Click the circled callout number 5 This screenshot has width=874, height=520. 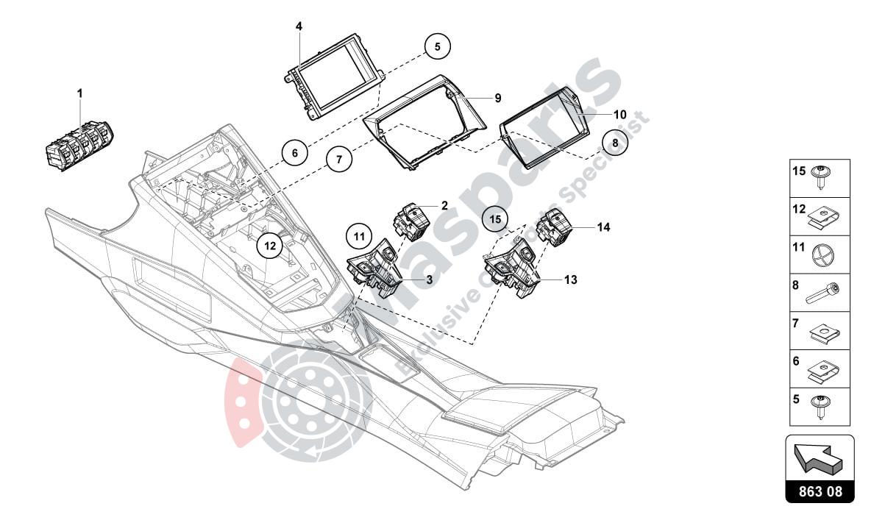pyautogui.click(x=437, y=46)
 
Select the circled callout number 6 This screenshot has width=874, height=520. pyautogui.click(x=294, y=154)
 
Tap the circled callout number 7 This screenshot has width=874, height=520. pyautogui.click(x=339, y=159)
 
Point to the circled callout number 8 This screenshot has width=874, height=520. pyautogui.click(x=615, y=143)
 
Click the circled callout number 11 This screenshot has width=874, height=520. pyautogui.click(x=359, y=237)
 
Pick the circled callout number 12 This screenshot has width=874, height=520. pyautogui.click(x=270, y=246)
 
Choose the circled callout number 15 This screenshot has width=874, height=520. pyautogui.click(x=495, y=220)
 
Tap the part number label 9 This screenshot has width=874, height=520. pyautogui.click(x=497, y=98)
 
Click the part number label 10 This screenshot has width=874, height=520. pyautogui.click(x=619, y=115)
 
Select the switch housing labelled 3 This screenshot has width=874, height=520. pyautogui.click(x=376, y=271)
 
